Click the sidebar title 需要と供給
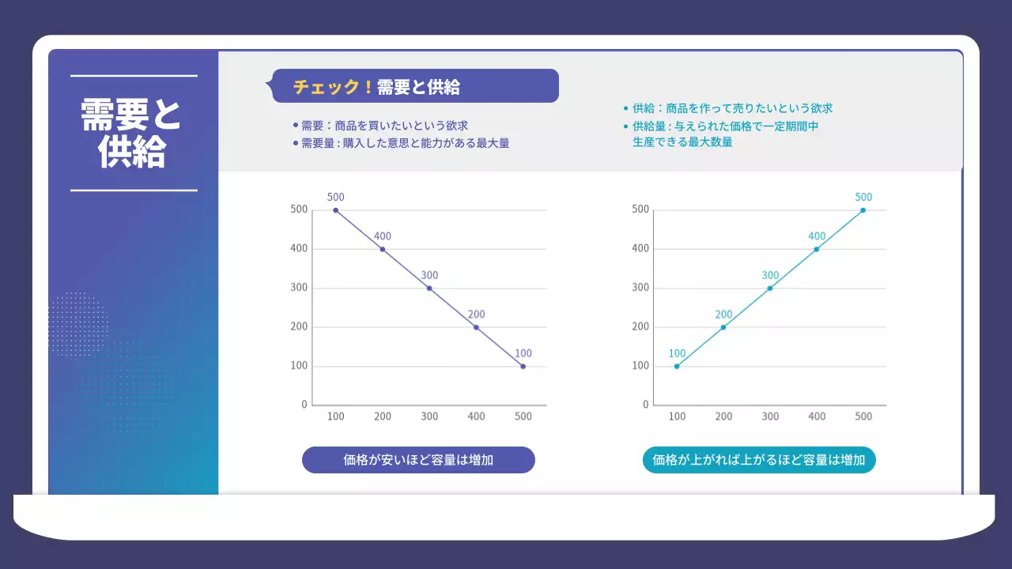pos(131,134)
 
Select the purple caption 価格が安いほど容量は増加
pos(418,460)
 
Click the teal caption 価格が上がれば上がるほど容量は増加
pos(759,460)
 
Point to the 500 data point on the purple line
pos(335,210)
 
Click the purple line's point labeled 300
pos(429,288)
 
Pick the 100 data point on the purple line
pos(523,367)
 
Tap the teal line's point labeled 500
pos(863,210)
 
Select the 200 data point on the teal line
pos(723,327)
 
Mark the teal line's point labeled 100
pos(677,367)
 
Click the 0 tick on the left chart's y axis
pos(304,405)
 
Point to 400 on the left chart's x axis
pos(476,416)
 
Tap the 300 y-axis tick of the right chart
pos(640,288)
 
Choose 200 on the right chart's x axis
pos(723,416)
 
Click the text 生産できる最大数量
pos(682,142)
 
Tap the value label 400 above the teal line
pos(817,236)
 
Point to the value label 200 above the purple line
pos(475,314)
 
